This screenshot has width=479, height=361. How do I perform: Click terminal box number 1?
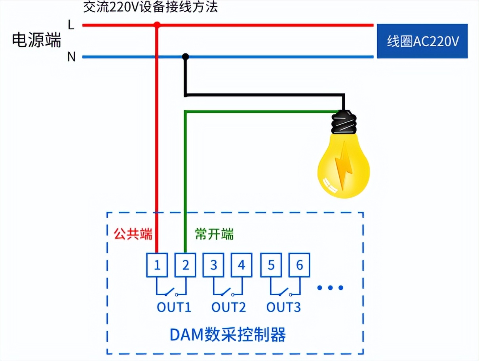(157, 265)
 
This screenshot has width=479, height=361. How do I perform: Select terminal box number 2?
(186, 265)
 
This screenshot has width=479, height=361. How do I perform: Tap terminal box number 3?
(214, 265)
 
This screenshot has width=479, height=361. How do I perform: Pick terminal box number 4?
(242, 265)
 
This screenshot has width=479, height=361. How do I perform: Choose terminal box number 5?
(271, 265)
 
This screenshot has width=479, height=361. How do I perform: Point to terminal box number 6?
(299, 265)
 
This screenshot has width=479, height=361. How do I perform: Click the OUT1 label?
(174, 307)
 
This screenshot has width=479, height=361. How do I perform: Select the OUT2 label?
(228, 307)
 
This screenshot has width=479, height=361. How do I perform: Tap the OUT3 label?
(283, 307)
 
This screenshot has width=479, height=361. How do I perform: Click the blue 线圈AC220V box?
(422, 41)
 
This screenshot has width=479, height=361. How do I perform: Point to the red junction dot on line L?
(157, 25)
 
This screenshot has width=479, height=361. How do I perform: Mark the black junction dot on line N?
(185, 57)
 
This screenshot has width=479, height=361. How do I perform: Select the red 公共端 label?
(133, 234)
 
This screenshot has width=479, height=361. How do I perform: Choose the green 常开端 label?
(214, 234)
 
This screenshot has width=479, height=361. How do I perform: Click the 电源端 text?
(36, 40)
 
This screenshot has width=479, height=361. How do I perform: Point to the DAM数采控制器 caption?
(228, 335)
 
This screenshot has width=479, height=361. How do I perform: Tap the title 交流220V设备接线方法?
(150, 7)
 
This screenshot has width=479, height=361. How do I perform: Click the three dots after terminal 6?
(330, 288)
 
